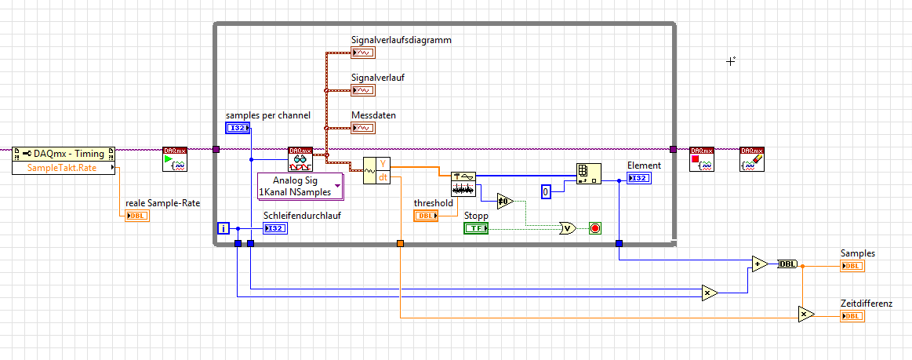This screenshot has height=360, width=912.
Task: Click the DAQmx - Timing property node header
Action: pyautogui.click(x=64, y=154)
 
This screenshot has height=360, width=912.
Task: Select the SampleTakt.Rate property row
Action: pyautogui.click(x=64, y=168)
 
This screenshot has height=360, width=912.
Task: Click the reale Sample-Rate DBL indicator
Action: pyautogui.click(x=136, y=216)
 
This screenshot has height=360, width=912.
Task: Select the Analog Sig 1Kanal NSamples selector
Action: pyautogui.click(x=300, y=186)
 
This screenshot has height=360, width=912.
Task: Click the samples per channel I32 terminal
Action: pyautogui.click(x=238, y=128)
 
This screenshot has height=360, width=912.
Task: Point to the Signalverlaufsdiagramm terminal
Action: pyautogui.click(x=362, y=53)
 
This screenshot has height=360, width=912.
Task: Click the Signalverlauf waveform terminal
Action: pyautogui.click(x=362, y=90)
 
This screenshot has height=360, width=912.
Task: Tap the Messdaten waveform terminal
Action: pyautogui.click(x=362, y=128)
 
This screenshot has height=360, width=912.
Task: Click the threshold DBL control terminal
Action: pyautogui.click(x=426, y=216)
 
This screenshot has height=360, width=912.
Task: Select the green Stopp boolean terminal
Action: pyautogui.click(x=475, y=228)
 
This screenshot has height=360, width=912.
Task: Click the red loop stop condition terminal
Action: pyautogui.click(x=594, y=228)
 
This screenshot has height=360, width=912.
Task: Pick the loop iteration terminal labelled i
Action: pyautogui.click(x=223, y=228)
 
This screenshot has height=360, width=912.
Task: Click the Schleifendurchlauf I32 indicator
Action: pyautogui.click(x=275, y=228)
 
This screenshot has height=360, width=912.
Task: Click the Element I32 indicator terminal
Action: pyautogui.click(x=638, y=178)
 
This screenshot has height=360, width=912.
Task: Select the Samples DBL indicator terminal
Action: pyautogui.click(x=852, y=266)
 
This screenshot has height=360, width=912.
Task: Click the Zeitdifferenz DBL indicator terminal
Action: pyautogui.click(x=852, y=316)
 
